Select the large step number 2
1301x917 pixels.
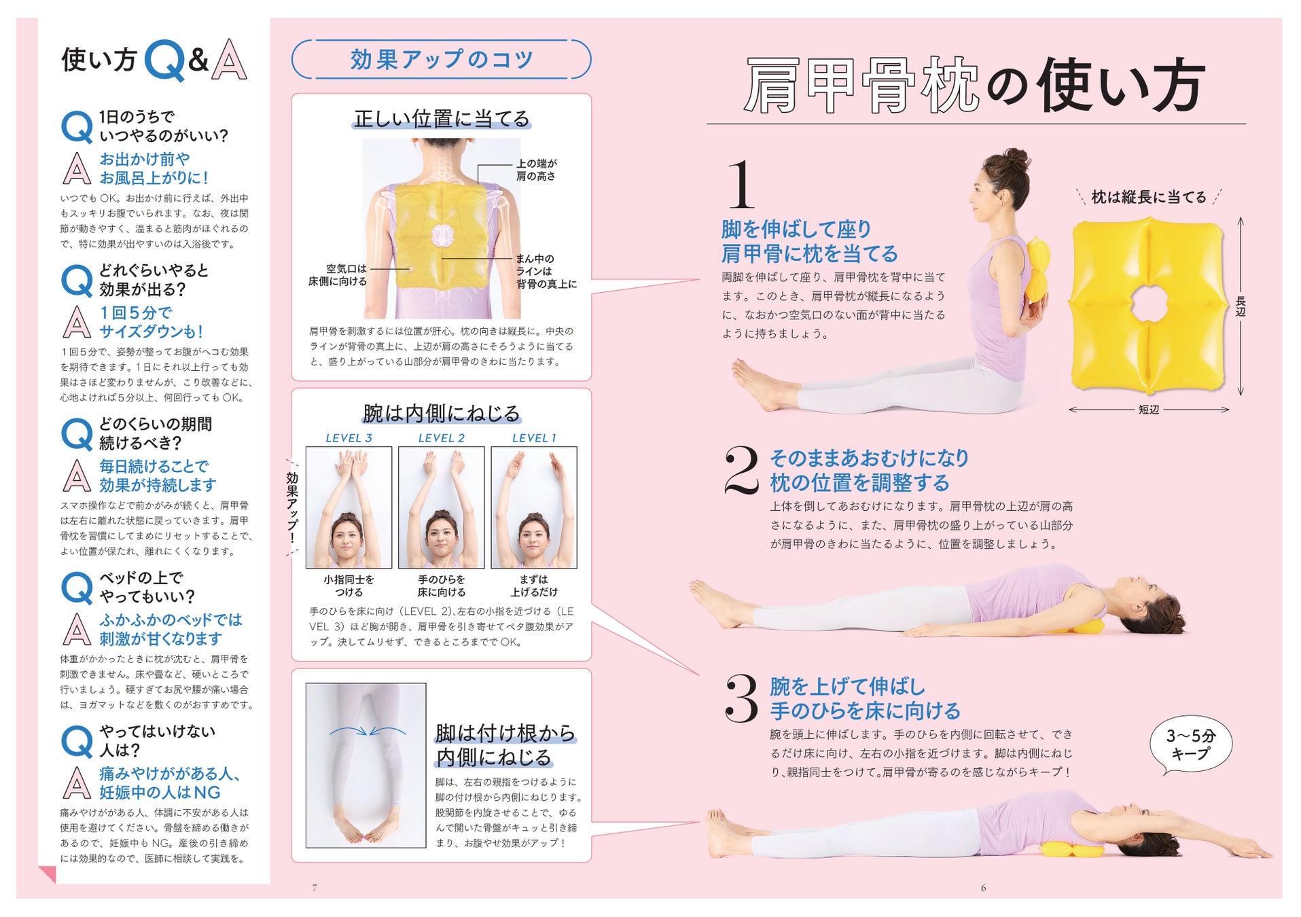point(741,470)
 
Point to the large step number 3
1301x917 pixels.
point(741,698)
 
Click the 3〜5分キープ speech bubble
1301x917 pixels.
point(1190,745)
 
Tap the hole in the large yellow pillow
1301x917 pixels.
point(1149,304)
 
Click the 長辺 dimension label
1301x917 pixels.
point(1241,306)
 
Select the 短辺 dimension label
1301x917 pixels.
point(1149,410)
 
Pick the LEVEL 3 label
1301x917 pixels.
point(349,438)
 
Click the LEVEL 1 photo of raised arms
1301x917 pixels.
point(534,507)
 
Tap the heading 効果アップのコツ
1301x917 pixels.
point(442,60)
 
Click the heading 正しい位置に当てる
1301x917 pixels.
point(442,119)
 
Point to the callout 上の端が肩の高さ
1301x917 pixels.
point(536,170)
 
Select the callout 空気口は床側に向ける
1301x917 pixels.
point(338,275)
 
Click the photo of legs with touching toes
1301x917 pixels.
point(366,765)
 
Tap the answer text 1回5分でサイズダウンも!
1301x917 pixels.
point(151,322)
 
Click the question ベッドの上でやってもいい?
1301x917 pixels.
point(147,587)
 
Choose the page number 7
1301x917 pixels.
point(315,887)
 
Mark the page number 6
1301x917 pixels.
point(983,887)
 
